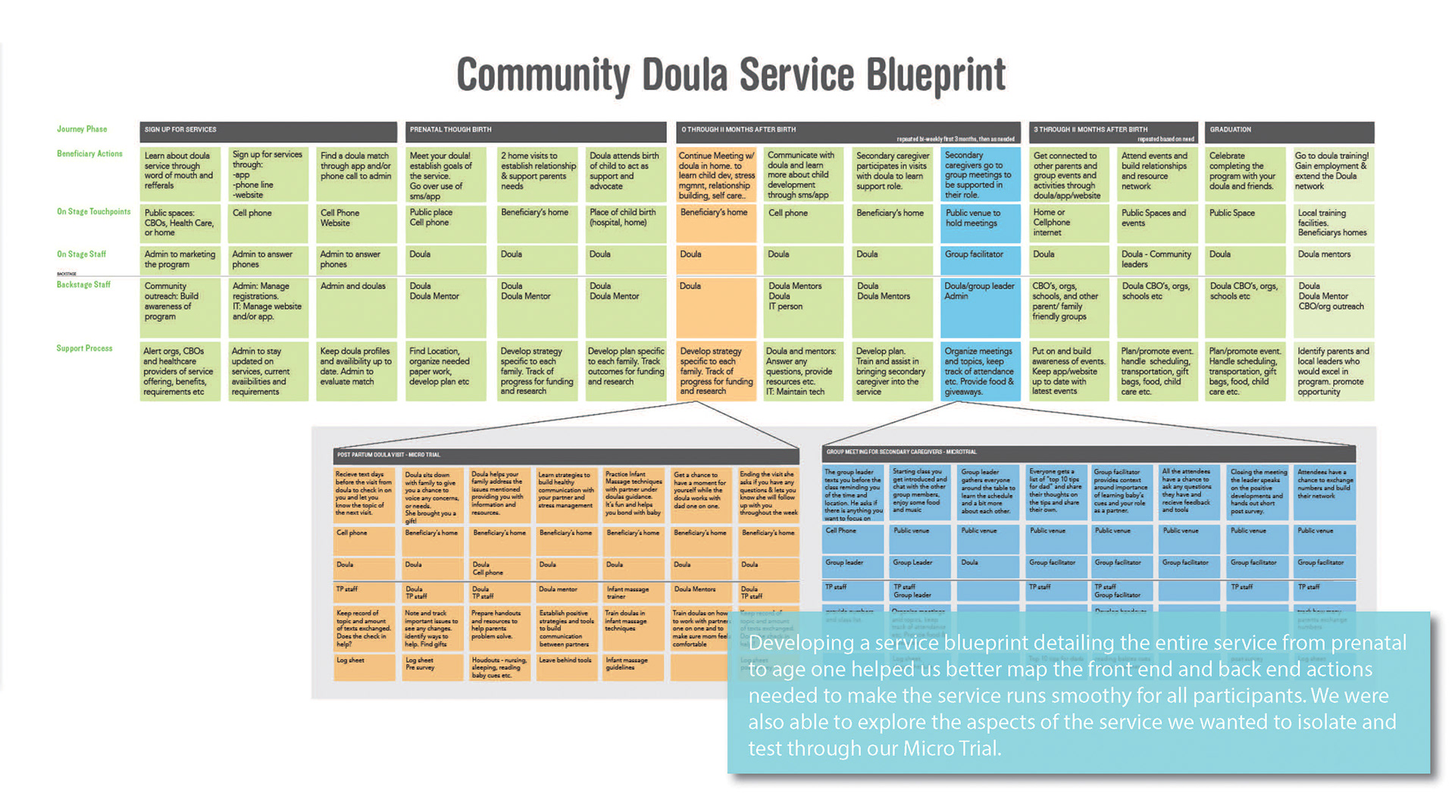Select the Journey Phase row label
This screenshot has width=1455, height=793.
[x=82, y=129]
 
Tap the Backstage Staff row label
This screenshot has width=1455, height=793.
[x=83, y=285]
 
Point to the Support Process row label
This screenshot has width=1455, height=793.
[x=84, y=348]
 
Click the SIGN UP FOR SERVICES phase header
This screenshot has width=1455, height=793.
[x=268, y=130]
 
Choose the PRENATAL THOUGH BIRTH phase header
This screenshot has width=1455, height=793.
[x=535, y=130]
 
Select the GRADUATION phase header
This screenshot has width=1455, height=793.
[x=1288, y=130]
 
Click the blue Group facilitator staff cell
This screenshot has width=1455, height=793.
[x=979, y=259]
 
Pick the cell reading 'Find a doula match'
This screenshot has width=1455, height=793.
[x=355, y=173]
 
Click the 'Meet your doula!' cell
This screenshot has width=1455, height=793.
[x=445, y=174]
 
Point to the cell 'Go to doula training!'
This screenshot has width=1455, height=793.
[x=1333, y=173]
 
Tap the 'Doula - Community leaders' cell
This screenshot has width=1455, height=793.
[x=1157, y=259]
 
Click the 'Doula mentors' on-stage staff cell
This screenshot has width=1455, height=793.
[x=1333, y=259]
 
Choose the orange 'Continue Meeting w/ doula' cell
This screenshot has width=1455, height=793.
[x=716, y=174]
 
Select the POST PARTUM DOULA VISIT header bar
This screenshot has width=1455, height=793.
[x=565, y=455]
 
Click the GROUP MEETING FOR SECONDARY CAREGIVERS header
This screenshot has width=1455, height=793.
[x=1088, y=453]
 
